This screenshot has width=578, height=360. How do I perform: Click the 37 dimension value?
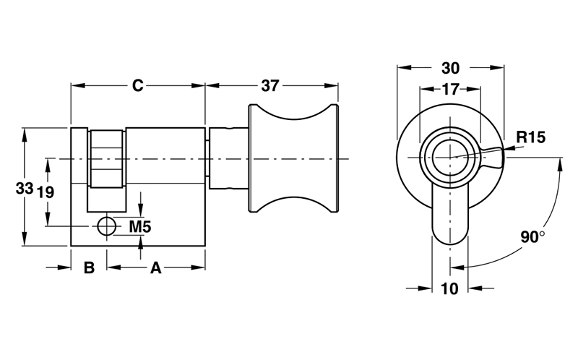click(x=269, y=85)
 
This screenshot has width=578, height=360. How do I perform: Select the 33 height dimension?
click(x=25, y=188)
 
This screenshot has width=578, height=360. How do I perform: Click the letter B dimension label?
click(x=89, y=268)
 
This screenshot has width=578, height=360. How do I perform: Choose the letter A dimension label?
click(x=155, y=268)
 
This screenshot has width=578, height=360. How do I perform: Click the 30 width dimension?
click(x=450, y=68)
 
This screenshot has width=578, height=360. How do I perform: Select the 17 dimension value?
click(x=450, y=90)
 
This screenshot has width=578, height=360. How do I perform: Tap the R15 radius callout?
click(x=530, y=137)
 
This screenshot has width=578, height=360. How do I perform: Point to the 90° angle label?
click(x=533, y=236)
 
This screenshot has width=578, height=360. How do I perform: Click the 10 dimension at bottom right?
click(x=449, y=289)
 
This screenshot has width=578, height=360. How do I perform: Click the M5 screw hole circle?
click(x=107, y=226)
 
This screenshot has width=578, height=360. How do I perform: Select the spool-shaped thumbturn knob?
click(x=293, y=159)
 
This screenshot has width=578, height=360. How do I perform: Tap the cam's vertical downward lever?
click(x=449, y=217)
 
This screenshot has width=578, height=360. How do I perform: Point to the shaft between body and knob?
click(x=227, y=158)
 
